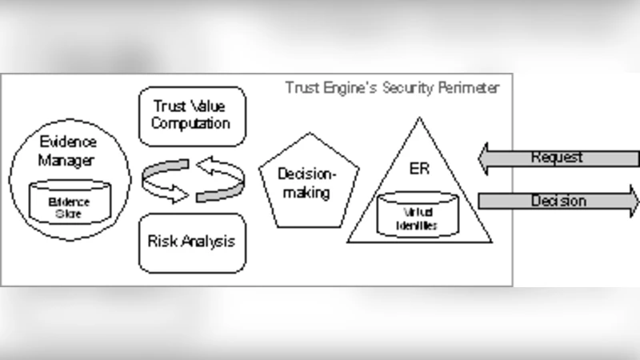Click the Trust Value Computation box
point(192,116)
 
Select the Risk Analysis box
point(192,240)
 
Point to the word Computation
point(192,123)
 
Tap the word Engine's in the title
point(345,87)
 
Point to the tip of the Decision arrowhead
point(638,201)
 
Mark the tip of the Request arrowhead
point(479,158)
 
